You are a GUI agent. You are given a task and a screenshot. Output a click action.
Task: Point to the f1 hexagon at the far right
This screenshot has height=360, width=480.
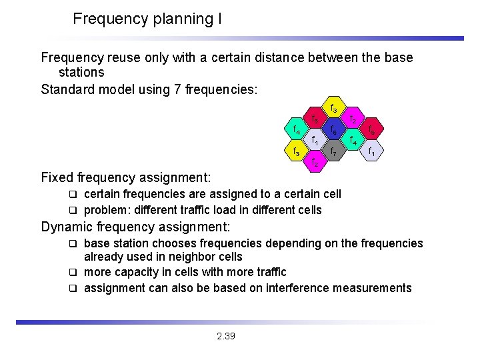[x=371, y=152]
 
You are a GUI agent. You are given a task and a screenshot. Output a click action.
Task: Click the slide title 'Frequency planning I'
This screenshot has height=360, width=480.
[x=147, y=19]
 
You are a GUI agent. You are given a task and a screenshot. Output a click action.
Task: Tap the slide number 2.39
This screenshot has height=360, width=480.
[x=226, y=336]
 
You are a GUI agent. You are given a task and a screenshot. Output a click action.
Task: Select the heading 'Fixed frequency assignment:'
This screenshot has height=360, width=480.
[x=126, y=177]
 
